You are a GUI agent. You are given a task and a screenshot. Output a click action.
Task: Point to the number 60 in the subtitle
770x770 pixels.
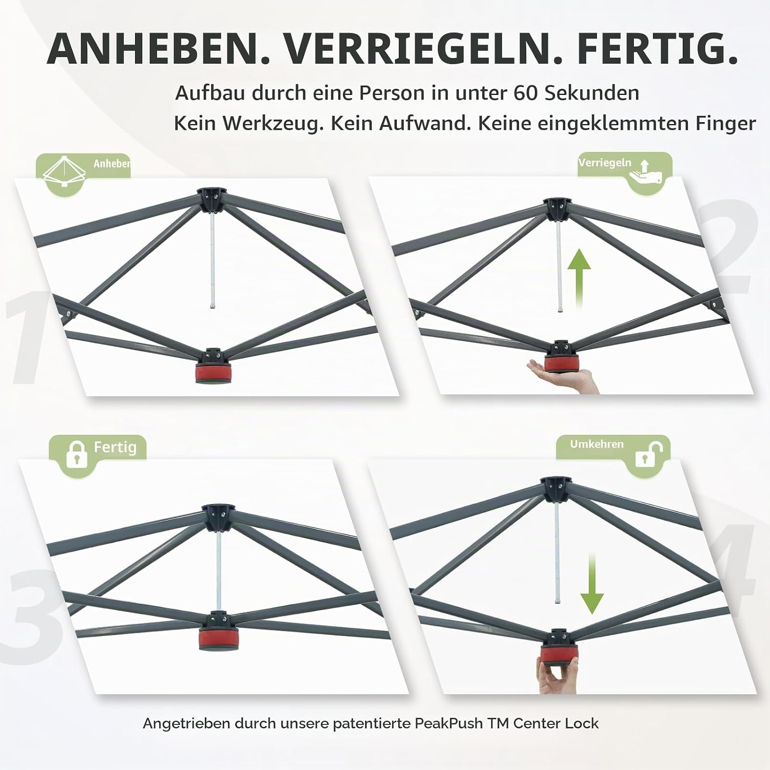click(526, 93)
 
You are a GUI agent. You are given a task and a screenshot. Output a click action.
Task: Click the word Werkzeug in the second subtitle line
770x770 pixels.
click(273, 124)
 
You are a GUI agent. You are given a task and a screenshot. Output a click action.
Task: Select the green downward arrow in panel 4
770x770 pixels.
click(592, 584)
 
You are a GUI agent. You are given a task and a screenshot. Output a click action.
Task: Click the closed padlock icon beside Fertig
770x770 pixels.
click(76, 453)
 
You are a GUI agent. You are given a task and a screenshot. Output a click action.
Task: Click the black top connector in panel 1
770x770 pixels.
click(210, 200)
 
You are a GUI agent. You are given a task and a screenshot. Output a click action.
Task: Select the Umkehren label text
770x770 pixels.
click(596, 444)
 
